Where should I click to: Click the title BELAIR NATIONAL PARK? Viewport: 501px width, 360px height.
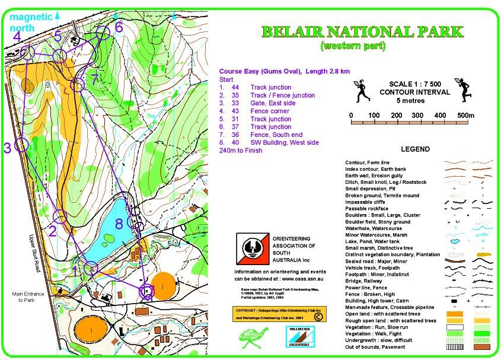pos(362,32)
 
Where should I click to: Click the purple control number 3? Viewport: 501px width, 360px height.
pos(8,148)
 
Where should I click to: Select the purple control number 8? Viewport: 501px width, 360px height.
pos(119,224)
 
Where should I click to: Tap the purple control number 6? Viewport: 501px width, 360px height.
pos(119,27)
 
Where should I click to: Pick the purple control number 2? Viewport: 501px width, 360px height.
pos(52,231)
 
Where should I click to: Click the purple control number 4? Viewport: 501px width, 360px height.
pos(17,37)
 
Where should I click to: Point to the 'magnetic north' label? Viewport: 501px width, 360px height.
pos(31,22)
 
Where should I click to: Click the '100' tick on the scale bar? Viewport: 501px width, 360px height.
pos(374,115)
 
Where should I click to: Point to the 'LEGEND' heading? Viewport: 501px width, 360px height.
pos(415,149)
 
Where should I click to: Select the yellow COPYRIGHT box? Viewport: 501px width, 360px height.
pos(278,313)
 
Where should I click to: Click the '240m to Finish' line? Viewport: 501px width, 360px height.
pos(241,151)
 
